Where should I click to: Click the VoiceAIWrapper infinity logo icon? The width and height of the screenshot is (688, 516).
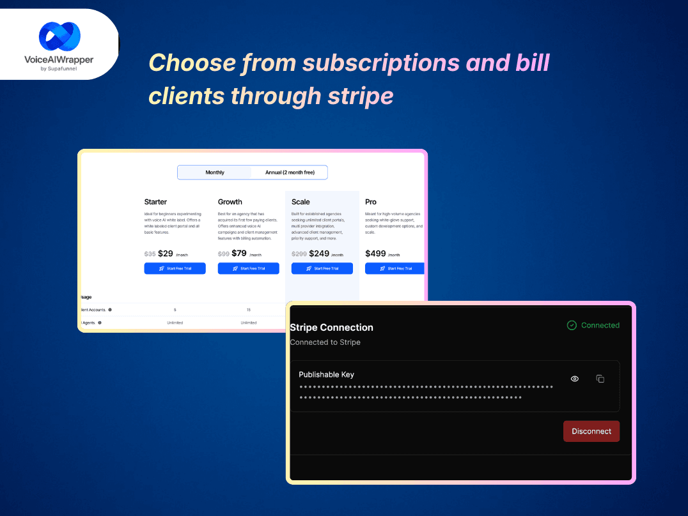[59, 36]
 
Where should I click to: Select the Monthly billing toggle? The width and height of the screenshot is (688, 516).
[215, 172]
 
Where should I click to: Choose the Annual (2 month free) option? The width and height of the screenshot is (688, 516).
[290, 172]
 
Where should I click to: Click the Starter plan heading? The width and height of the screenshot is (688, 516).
[155, 202]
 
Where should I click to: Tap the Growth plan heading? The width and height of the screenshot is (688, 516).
[230, 202]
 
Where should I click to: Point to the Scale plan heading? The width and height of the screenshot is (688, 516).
[301, 202]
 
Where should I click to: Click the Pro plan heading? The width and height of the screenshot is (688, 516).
[371, 202]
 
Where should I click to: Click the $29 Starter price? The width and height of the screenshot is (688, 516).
[166, 254]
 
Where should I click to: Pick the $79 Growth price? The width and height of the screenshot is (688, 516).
[239, 254]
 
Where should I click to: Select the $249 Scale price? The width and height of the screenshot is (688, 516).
[319, 254]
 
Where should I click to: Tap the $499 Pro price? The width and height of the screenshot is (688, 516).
[376, 254]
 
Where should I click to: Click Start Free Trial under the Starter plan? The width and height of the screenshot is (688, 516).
[175, 268]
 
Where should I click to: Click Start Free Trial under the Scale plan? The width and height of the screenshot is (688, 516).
[322, 268]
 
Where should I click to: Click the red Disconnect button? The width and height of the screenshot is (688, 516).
[591, 431]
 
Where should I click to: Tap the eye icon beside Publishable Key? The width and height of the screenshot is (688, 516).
[575, 379]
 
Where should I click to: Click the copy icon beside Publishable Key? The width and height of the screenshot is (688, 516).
[600, 379]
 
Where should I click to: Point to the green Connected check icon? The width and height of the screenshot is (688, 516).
[572, 325]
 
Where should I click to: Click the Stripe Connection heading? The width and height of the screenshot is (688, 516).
[331, 328]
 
